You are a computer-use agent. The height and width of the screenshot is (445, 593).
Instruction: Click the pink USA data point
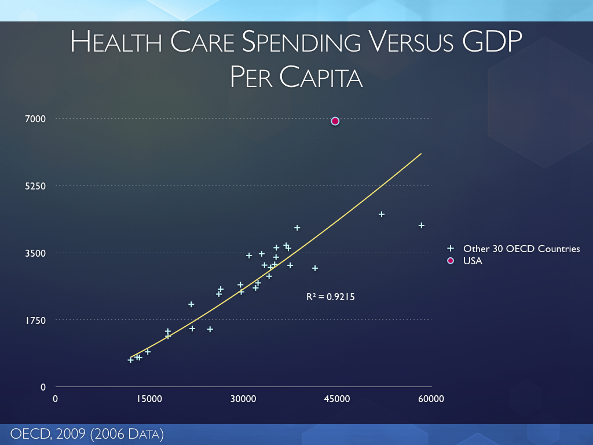pos(335,121)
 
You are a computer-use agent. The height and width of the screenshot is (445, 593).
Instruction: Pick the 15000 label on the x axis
pos(149,399)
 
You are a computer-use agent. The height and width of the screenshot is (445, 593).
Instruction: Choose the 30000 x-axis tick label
pos(243,399)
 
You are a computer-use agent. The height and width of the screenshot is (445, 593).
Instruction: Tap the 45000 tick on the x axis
pos(337,399)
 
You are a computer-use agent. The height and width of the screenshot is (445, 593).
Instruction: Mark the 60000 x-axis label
pos(431,399)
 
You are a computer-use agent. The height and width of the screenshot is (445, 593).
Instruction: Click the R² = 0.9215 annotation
pos(330,297)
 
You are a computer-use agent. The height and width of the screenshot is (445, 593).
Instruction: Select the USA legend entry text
pos(473,261)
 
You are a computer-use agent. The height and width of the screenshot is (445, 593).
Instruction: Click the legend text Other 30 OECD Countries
pos(521,249)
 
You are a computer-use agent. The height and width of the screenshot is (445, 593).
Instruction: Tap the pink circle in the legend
pos(451,261)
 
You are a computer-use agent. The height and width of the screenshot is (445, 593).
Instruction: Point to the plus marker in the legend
pos(451,249)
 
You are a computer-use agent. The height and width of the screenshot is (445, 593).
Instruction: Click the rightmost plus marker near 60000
pos(422,225)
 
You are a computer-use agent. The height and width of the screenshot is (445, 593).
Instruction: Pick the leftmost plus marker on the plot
pos(130,360)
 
